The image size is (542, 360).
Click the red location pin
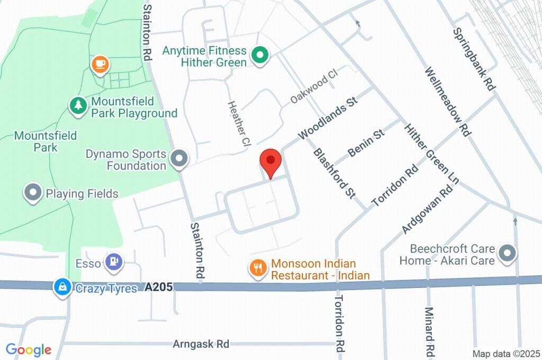coord(271,160)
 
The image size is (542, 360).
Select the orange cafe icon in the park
coord(99,65)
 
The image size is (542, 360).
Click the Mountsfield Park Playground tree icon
coord(78,105)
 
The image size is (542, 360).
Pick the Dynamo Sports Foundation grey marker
coord(180,159)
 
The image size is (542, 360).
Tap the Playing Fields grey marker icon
coord(34,193)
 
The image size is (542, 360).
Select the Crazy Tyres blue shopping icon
coord(62,288)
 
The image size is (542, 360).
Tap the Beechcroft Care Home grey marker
coord(507,253)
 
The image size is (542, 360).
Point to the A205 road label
coord(158,287)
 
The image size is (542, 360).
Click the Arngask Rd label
coord(201,344)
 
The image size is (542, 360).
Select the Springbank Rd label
coord(474,58)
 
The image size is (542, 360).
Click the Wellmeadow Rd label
coord(448,102)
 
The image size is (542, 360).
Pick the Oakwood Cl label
coord(313,88)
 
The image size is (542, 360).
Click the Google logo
coord(29,349)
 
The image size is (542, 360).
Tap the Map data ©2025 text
coord(506,353)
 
